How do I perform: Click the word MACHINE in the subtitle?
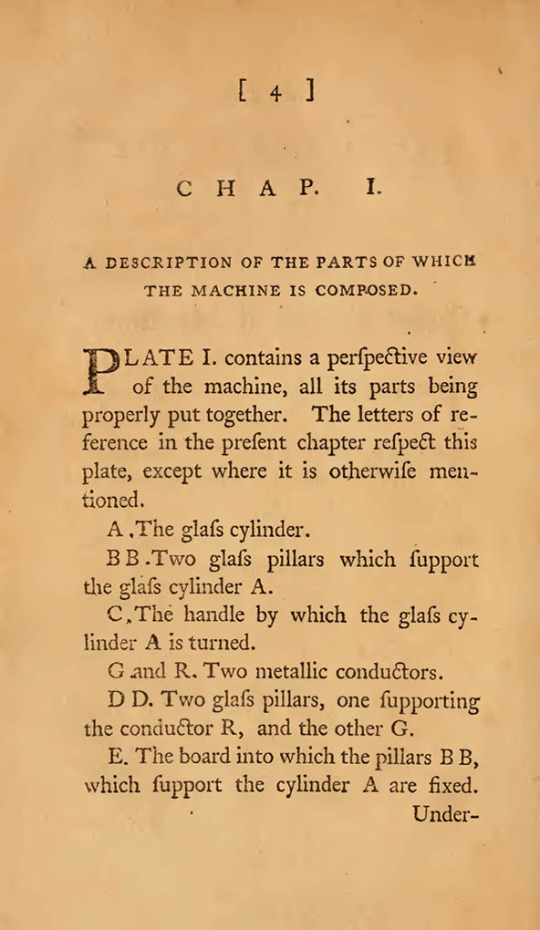229,292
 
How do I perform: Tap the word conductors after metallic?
388,673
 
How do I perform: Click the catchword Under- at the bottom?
445,814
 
